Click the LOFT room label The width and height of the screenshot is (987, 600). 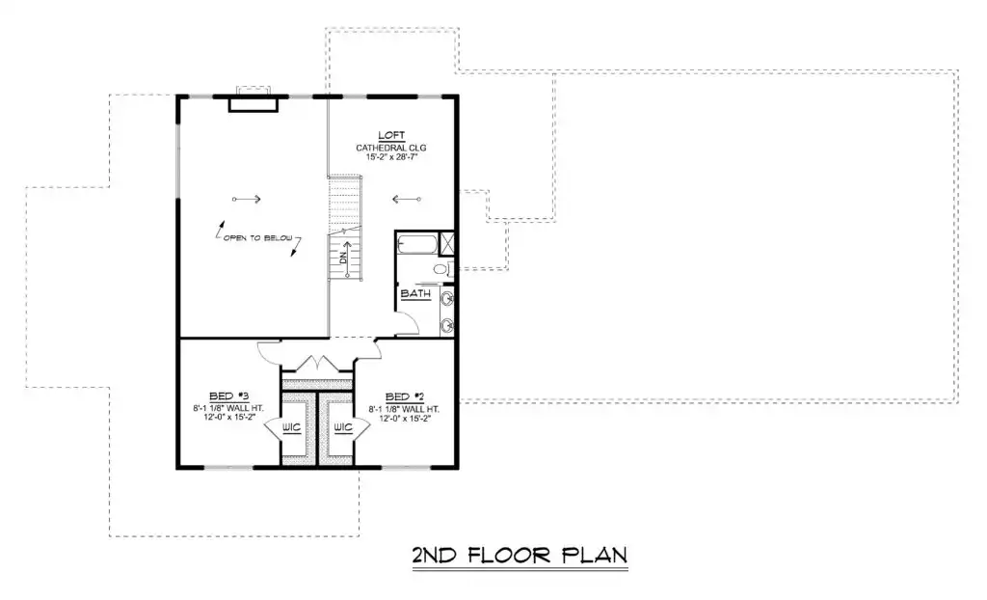391,135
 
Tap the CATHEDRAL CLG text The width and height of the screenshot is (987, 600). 391,149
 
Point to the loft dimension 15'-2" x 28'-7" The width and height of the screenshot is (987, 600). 391,157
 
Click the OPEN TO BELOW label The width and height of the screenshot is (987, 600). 258,238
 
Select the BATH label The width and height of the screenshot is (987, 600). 415,293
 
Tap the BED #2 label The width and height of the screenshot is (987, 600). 404,397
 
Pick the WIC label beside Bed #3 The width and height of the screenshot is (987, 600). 291,427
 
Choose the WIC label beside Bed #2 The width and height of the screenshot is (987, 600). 343,427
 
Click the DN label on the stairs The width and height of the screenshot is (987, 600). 343,258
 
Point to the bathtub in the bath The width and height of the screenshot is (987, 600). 416,244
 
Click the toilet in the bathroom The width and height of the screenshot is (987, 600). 442,270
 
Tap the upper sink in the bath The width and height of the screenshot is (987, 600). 447,298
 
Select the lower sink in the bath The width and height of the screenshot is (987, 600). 447,325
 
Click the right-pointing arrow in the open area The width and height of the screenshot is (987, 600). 246,199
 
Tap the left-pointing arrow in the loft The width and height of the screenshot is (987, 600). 407,199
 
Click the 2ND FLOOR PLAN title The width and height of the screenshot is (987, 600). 520,556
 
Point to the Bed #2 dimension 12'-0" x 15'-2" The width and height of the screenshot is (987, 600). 404,419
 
